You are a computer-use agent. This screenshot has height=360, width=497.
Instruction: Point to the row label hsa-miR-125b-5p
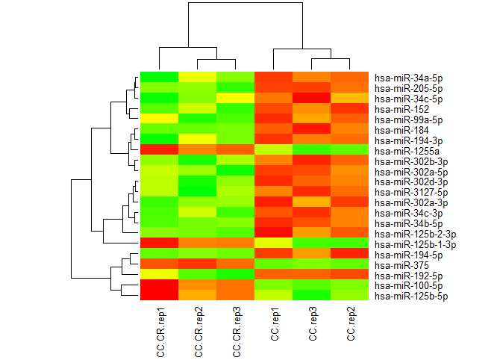click(404, 296)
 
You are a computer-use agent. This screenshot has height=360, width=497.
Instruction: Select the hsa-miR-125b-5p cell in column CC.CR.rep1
click(159, 296)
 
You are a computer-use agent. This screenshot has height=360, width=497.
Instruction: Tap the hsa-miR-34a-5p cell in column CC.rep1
click(274, 76)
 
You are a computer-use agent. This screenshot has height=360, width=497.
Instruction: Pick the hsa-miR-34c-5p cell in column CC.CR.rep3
click(236, 97)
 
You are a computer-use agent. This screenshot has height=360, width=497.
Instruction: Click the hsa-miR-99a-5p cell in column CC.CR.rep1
click(159, 118)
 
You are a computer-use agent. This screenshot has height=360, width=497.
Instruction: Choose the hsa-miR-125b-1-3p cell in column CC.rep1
click(274, 243)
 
